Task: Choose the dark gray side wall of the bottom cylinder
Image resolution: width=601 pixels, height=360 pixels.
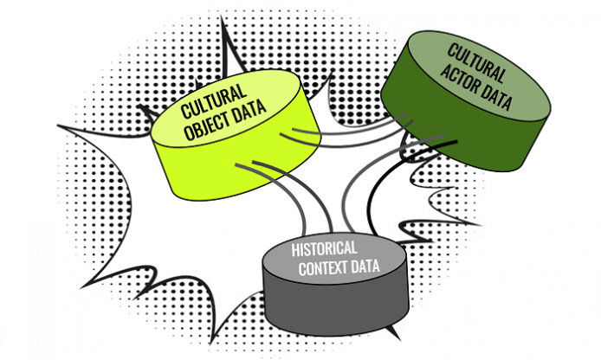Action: point(329,307)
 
